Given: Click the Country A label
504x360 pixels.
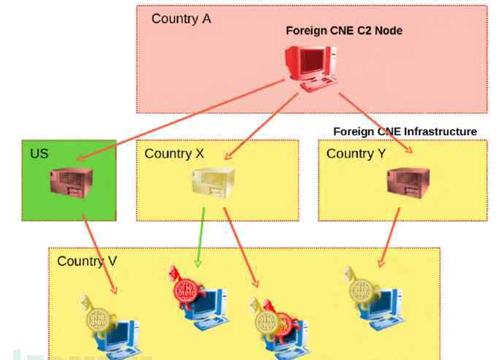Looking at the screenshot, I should tap(181, 19).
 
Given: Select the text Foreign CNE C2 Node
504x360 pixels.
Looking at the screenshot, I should tap(344, 31).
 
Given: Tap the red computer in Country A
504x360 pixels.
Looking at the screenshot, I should tap(310, 69).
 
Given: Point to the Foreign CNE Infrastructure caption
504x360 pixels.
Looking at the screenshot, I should tap(405, 131).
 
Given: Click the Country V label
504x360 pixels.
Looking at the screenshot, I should tap(87, 261).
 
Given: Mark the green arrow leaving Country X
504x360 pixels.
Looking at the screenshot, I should tap(200, 237).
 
